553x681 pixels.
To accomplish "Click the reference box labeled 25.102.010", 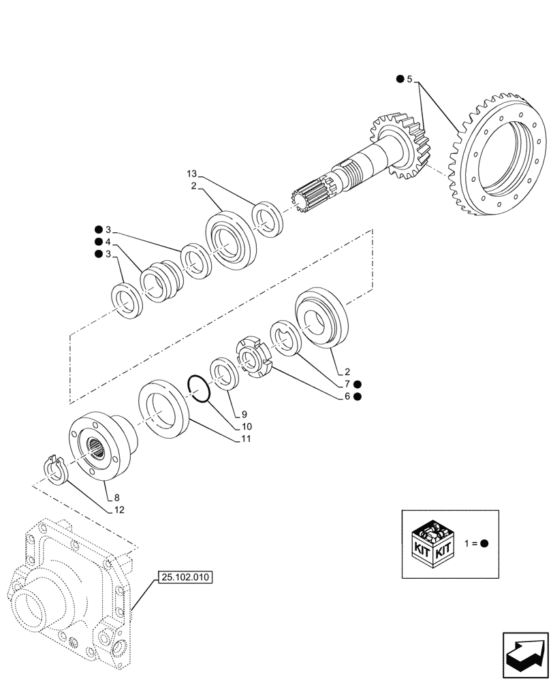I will (185, 577).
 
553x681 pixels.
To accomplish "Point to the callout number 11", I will (244, 439).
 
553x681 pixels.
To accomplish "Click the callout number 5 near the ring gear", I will (409, 80).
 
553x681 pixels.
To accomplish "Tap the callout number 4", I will (108, 242).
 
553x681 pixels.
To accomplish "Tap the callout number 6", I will (348, 396).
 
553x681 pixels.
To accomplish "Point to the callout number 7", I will (348, 384).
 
